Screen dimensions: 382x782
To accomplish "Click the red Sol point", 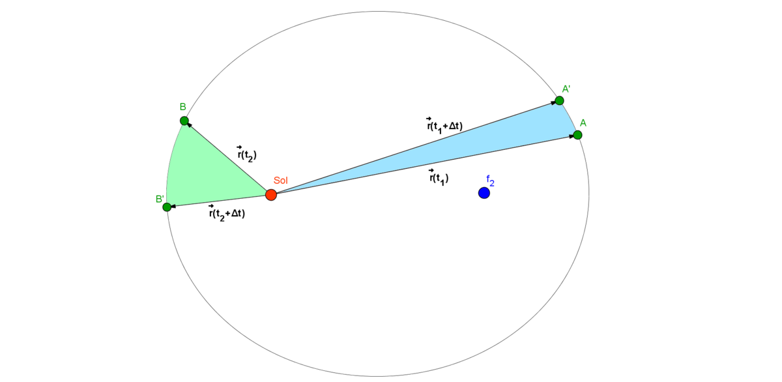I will (x=271, y=194).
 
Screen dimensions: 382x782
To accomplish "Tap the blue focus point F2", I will (x=484, y=193).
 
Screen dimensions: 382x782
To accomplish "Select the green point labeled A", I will (x=577, y=135).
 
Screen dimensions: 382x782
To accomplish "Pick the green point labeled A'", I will (x=559, y=100).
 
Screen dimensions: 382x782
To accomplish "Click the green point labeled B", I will (x=184, y=121).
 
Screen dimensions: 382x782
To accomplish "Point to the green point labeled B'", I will (x=166, y=207).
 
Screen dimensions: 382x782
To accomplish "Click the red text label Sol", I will (x=280, y=181).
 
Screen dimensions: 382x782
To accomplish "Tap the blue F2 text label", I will (x=490, y=181).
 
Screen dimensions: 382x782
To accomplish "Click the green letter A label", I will (x=583, y=123).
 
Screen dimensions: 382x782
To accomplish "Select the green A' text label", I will (x=566, y=88).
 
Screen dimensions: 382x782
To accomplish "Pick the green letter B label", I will (x=183, y=107).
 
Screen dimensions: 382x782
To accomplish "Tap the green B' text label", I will (x=159, y=198).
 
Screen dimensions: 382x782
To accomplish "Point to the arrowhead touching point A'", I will (x=553, y=102).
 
